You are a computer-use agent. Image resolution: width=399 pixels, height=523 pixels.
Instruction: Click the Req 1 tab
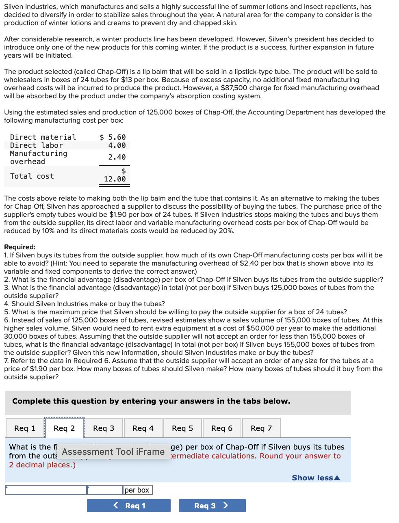pos(25,428)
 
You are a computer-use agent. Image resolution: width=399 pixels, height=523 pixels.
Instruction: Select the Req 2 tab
pos(64,428)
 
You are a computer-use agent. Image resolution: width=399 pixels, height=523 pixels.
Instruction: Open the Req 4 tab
pos(143,428)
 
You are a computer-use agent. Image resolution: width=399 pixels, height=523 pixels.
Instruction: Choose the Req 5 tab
pos(182,428)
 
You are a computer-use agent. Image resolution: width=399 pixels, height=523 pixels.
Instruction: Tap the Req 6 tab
pos(222,428)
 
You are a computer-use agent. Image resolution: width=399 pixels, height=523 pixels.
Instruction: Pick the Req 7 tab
pos(261,428)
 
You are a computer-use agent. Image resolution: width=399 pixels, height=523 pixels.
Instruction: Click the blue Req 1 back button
pos(129,506)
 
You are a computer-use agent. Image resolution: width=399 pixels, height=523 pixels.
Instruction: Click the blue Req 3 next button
pos(212,506)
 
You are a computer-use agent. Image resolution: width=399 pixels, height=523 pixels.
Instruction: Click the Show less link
pos(316,478)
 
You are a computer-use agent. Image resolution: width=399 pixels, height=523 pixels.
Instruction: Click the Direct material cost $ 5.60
pos(113,137)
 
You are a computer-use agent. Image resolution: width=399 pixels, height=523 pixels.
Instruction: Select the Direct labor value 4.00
pos(117,145)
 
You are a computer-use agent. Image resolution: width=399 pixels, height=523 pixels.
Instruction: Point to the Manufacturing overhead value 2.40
pos(117,157)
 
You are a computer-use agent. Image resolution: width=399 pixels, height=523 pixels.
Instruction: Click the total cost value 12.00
pos(115,179)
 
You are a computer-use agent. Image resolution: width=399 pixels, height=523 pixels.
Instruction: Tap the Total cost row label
pos(32,176)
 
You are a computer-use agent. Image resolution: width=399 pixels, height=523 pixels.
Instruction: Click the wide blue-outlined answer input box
pos(46,490)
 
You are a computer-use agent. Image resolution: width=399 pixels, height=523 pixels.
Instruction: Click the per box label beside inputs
pos(137,490)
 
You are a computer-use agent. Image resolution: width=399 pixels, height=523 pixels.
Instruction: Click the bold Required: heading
pos(20,247)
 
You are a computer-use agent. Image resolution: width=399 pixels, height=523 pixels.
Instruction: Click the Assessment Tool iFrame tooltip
pos(113,452)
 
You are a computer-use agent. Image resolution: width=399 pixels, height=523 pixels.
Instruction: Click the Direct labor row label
pos(37,145)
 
